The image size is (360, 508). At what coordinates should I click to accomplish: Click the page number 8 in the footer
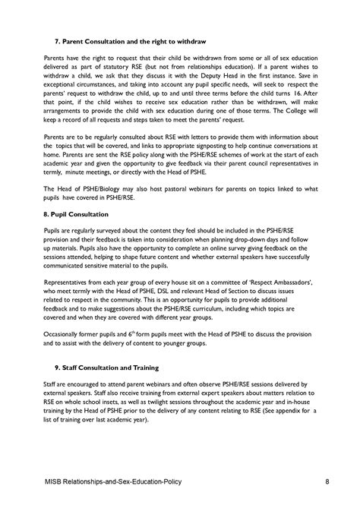(x=326, y=481)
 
